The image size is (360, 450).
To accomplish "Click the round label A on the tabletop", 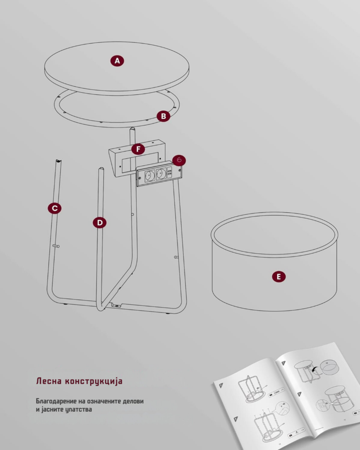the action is coord(117,61).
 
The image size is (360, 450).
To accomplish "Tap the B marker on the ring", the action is coord(164,116).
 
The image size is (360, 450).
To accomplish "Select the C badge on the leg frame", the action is coord(55,208).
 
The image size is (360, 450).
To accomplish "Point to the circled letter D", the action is coord(100,223).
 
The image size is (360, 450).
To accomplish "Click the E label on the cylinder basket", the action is coord(279,277).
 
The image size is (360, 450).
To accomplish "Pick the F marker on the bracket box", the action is coord(138,149).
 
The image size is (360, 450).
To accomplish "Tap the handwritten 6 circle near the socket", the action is coord(179,160).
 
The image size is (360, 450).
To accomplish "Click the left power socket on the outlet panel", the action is coord(149,175).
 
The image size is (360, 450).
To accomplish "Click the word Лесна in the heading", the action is coord(49,381).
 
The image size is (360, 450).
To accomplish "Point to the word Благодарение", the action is coord(56,401).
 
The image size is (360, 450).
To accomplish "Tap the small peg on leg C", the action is coord(56,246).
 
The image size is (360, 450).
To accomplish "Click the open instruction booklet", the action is coord(287,396).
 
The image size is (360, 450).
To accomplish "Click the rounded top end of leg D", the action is coord(101,169).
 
